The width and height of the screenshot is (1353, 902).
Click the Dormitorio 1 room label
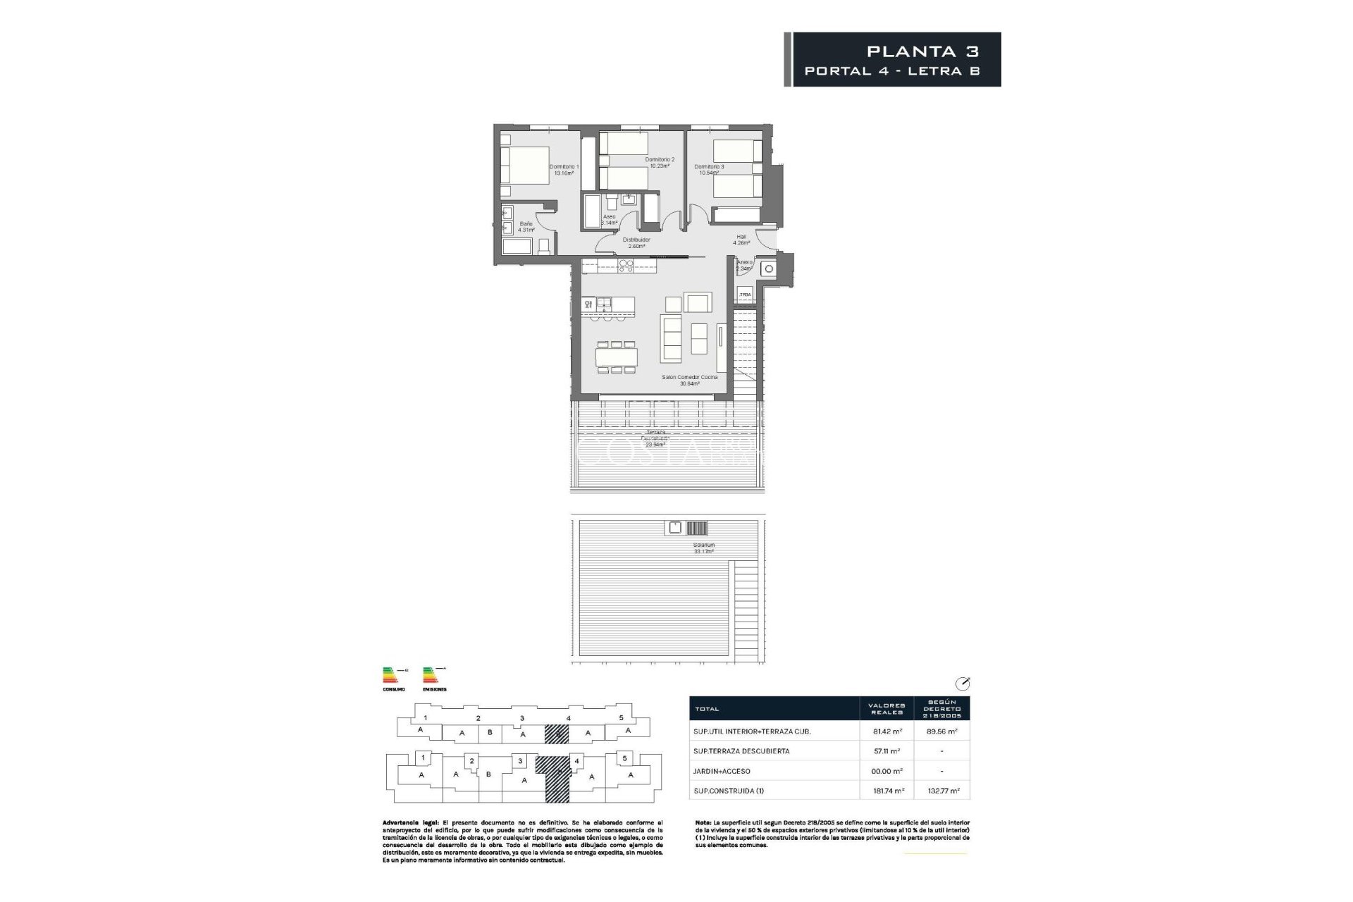(x=564, y=167)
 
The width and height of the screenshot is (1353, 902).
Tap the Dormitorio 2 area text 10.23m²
(x=660, y=166)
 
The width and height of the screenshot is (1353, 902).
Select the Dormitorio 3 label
(x=709, y=167)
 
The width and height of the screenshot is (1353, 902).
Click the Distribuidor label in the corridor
(x=636, y=240)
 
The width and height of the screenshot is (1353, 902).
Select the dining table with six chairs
(x=617, y=357)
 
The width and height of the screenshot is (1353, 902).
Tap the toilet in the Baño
(x=543, y=247)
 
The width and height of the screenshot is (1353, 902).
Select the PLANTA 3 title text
(x=922, y=51)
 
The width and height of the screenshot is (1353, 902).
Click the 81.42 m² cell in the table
(x=886, y=731)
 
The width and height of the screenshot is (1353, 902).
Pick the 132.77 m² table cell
(x=941, y=791)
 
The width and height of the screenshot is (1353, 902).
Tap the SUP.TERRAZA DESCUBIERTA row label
(x=741, y=751)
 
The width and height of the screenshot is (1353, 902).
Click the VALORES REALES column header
(x=886, y=709)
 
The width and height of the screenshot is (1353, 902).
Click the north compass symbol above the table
(x=962, y=683)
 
